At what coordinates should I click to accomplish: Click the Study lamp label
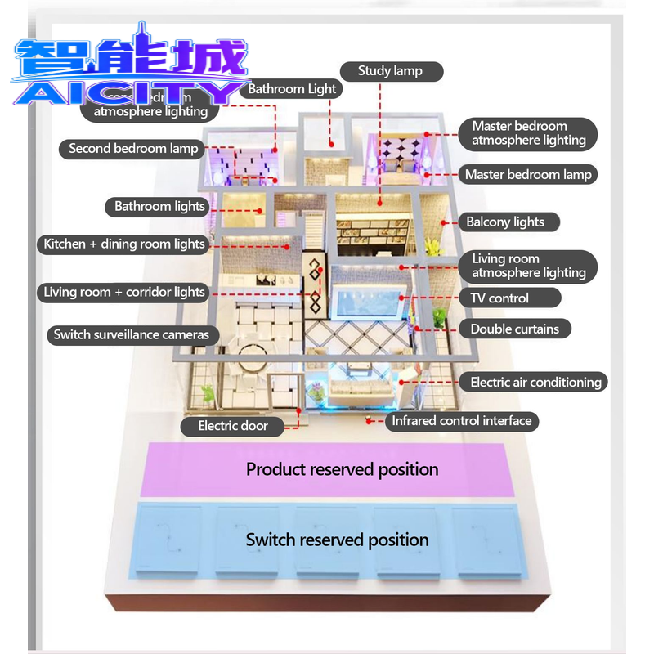[x=391, y=71]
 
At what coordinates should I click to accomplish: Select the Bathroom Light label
[x=292, y=89]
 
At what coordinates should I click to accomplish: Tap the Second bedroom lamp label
[x=133, y=149]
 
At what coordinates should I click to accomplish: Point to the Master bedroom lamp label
[x=528, y=174]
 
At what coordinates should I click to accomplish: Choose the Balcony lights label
[x=505, y=222]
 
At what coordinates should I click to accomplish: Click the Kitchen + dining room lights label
[x=124, y=244]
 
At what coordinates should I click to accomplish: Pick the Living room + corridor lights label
[x=124, y=292]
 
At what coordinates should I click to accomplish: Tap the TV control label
[x=499, y=298]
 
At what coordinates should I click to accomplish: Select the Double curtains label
[x=514, y=329]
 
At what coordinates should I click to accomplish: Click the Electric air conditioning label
[x=535, y=382]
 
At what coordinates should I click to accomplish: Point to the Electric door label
[x=233, y=426]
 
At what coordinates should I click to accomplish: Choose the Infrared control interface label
[x=462, y=421]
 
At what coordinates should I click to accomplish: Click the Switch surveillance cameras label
[x=132, y=334]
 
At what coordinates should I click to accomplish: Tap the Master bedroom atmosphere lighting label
[x=528, y=133]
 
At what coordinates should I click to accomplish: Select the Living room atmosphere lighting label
[x=528, y=266]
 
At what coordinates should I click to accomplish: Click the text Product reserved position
[x=343, y=469]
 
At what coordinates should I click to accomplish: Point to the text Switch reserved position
[x=337, y=540]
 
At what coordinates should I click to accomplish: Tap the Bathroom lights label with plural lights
[x=159, y=207]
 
